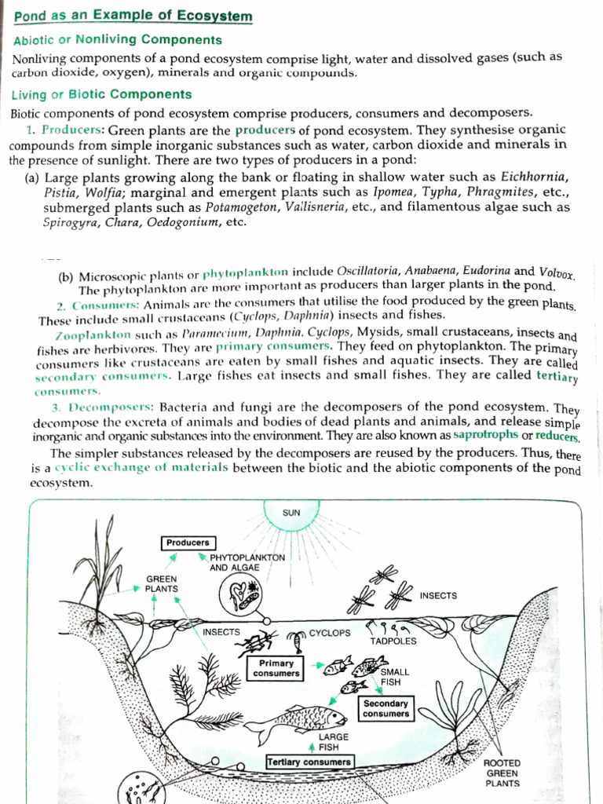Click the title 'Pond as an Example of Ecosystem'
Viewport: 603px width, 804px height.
(133, 16)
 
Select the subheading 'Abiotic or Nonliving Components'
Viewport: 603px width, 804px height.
(118, 40)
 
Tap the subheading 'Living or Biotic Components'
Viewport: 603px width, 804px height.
(101, 95)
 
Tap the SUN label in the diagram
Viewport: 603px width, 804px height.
(291, 513)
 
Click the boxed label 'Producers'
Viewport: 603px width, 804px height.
(188, 543)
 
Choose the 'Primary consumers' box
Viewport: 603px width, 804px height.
(276, 668)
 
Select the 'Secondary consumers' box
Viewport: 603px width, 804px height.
(386, 709)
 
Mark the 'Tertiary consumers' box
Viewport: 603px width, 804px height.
(309, 762)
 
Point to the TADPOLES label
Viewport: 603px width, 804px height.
(393, 641)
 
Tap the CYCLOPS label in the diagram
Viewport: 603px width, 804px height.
(329, 632)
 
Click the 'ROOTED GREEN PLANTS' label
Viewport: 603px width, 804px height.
(502, 773)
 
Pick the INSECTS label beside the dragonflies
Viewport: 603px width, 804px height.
(438, 595)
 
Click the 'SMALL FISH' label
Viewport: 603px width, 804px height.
(391, 678)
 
